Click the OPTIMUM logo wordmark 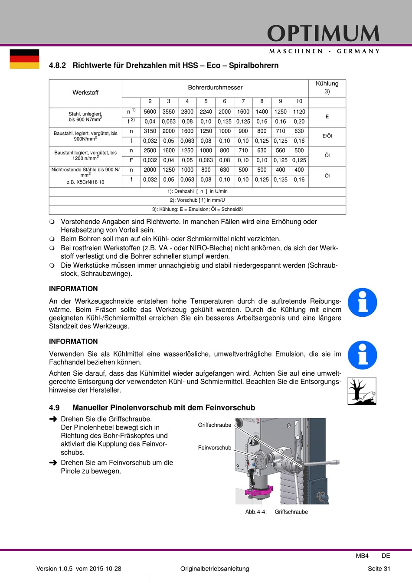point(323,34)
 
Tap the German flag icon point(24,59)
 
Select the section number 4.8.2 point(57,66)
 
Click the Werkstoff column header point(85,93)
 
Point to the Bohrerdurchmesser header point(215,88)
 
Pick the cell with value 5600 point(150,112)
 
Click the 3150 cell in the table point(150,131)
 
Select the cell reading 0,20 point(299,122)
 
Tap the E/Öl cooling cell point(327,136)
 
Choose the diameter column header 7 point(243,102)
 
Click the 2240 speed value point(206,112)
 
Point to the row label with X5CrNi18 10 point(85,182)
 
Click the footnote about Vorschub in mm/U point(197,200)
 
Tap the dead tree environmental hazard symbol point(362,391)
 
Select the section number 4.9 point(54,408)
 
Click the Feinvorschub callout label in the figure point(215,448)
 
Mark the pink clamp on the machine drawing point(259,491)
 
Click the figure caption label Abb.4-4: point(256,512)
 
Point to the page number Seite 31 point(379,569)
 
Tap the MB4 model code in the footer point(362,556)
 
